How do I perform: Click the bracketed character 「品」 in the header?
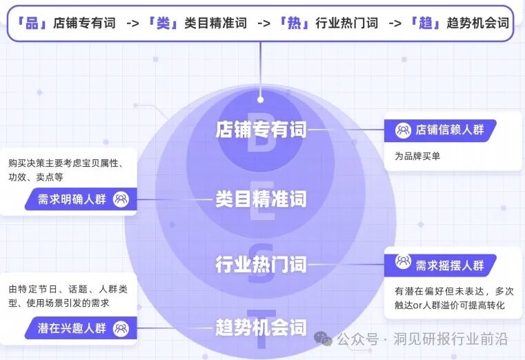coord(31,23)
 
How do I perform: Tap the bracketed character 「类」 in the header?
coord(163,23)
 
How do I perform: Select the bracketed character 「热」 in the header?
coord(293,23)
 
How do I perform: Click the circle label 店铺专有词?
coord(261,130)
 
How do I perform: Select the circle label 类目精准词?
coord(261,199)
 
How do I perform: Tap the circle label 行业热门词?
coord(261,264)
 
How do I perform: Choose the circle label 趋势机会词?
coord(261,326)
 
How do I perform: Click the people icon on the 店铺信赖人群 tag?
coord(402,130)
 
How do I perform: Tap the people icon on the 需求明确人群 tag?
coord(121,200)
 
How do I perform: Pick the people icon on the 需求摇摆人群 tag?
coord(403,262)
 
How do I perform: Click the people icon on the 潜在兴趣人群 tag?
coord(121,328)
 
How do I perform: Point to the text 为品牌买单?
coord(417,156)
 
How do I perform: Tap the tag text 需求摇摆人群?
coord(449,264)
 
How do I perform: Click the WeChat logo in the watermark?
coord(323,338)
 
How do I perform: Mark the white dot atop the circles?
coord(261,98)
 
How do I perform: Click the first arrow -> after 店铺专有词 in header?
coord(133,23)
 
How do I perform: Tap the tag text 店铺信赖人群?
coord(449,130)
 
